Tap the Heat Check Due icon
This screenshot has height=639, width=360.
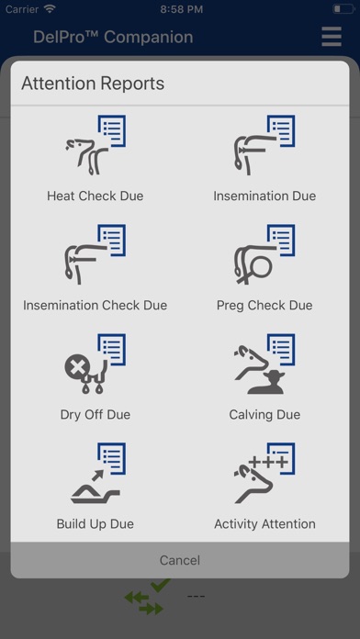[96, 145]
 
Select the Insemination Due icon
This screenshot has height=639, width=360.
[264, 145]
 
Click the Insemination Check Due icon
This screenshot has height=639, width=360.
[96, 254]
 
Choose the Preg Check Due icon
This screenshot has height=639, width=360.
[264, 254]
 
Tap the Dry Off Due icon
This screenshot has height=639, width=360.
[96, 364]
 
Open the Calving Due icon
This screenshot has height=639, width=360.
[264, 364]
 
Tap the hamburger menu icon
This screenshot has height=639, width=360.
[332, 37]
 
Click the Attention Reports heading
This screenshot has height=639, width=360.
[93, 84]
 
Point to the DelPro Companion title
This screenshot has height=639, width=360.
[113, 37]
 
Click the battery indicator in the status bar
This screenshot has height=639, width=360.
[343, 9]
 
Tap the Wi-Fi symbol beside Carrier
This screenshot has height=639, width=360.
[50, 9]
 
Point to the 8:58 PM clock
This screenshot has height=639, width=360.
[182, 9]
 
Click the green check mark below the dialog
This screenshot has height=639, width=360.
[161, 585]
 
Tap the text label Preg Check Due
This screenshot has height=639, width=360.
[264, 305]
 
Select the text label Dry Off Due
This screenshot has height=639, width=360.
[96, 414]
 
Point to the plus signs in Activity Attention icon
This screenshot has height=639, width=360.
[269, 462]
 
